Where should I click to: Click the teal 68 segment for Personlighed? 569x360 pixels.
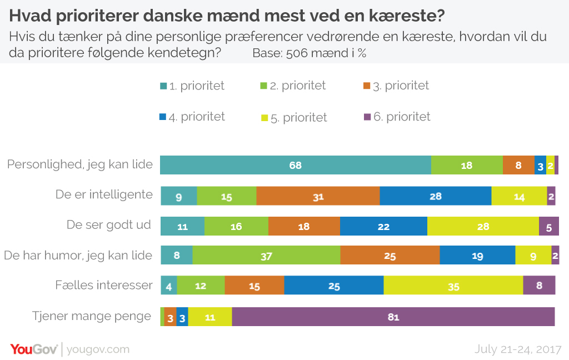tap(295, 166)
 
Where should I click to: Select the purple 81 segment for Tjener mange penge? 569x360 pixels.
tap(393, 317)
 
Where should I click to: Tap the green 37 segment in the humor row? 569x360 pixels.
tap(266, 255)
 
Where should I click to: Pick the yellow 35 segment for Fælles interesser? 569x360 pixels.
tap(453, 286)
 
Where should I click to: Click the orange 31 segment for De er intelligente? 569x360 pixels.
tap(318, 196)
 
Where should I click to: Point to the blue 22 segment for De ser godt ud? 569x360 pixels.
tap(383, 226)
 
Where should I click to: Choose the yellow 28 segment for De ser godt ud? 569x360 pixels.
tap(483, 226)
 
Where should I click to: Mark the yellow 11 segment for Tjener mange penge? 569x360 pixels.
tap(210, 317)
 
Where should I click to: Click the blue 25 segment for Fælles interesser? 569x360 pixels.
tap(333, 286)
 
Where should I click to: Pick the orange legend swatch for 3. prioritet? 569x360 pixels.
tap(366, 86)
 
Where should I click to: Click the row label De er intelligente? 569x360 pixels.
tap(104, 194)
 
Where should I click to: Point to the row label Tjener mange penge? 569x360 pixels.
tap(92, 316)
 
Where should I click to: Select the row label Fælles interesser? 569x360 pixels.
tap(104, 285)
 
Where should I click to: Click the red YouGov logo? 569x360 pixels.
tap(33, 349)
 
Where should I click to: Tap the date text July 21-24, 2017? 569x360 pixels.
tap(518, 349)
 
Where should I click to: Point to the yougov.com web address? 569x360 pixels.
tap(98, 349)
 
